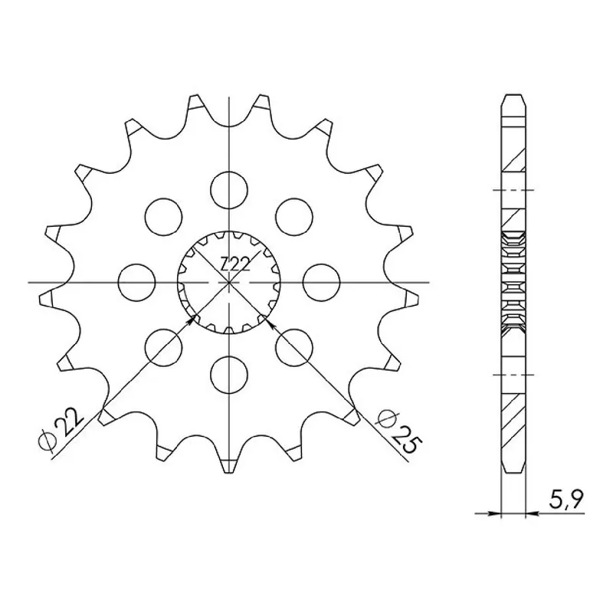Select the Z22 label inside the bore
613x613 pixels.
tap(235, 265)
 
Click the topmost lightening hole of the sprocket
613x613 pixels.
tap(229, 190)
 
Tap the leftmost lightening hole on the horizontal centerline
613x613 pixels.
tap(137, 282)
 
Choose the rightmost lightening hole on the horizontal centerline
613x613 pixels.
tap(321, 282)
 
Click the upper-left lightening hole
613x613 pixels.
tap(164, 218)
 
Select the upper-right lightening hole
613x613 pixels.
tap(294, 218)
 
